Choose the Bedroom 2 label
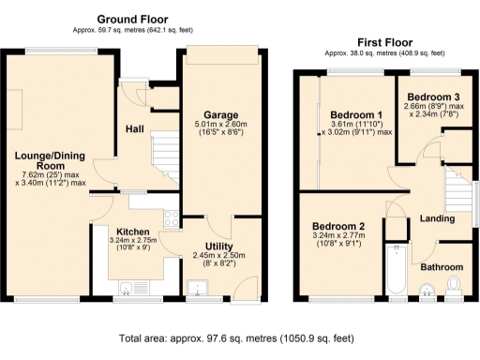[x=338, y=227]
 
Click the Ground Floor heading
[x=134, y=19]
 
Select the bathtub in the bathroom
[x=397, y=267]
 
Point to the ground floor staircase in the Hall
[x=165, y=155]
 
